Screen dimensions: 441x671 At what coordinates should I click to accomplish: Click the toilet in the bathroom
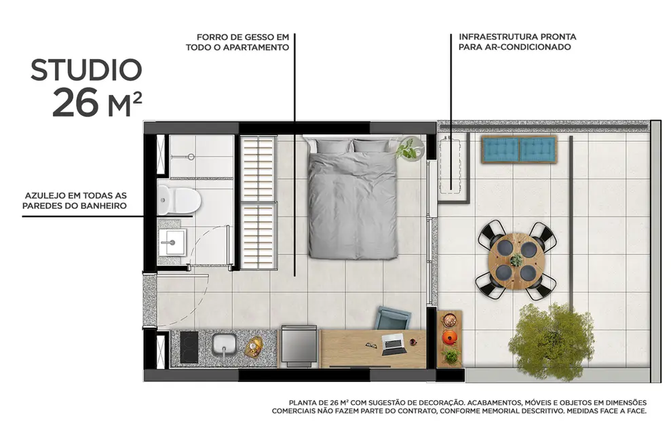tap(180, 199)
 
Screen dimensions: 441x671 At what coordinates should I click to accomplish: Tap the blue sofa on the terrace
tap(519, 149)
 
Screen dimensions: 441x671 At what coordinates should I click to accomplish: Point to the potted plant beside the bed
tap(410, 149)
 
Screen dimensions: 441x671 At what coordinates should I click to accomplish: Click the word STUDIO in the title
tap(86, 70)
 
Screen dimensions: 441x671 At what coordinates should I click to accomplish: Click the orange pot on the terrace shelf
tap(449, 337)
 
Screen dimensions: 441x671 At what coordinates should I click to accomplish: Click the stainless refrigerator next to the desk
tap(299, 346)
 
